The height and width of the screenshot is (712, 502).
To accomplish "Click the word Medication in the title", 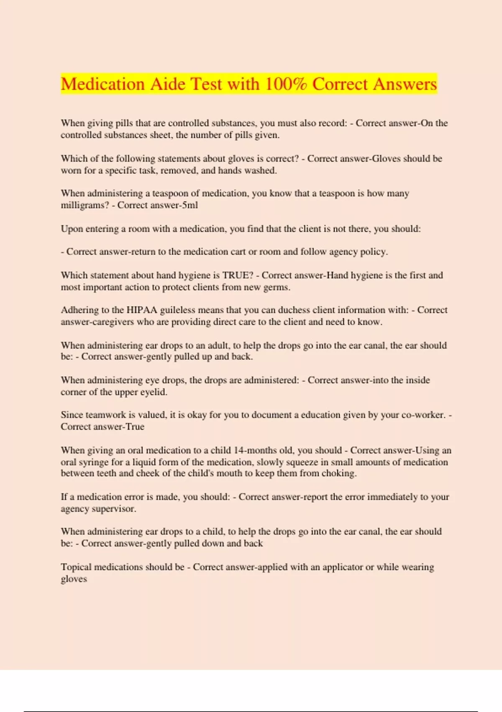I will (x=103, y=84).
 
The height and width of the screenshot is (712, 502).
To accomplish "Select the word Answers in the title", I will (x=405, y=84).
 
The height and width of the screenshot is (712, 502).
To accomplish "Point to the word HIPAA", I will (x=142, y=310).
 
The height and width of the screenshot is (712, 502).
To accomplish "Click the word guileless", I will (x=178, y=310).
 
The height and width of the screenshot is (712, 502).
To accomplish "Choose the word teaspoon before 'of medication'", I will (x=170, y=193).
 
